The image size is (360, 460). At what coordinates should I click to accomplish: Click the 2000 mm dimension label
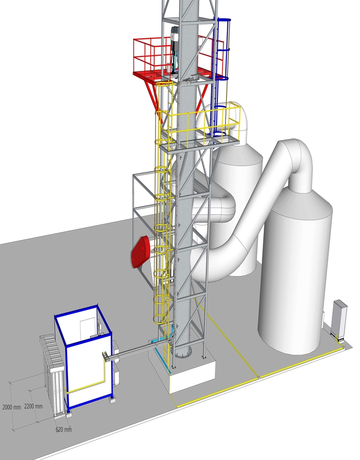(x=11, y=407)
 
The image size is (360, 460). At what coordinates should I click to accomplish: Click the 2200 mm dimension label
(x=34, y=406)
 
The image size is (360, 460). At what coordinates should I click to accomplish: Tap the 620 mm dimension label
(x=64, y=429)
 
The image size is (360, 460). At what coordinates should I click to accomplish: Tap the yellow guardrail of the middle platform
(x=202, y=123)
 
